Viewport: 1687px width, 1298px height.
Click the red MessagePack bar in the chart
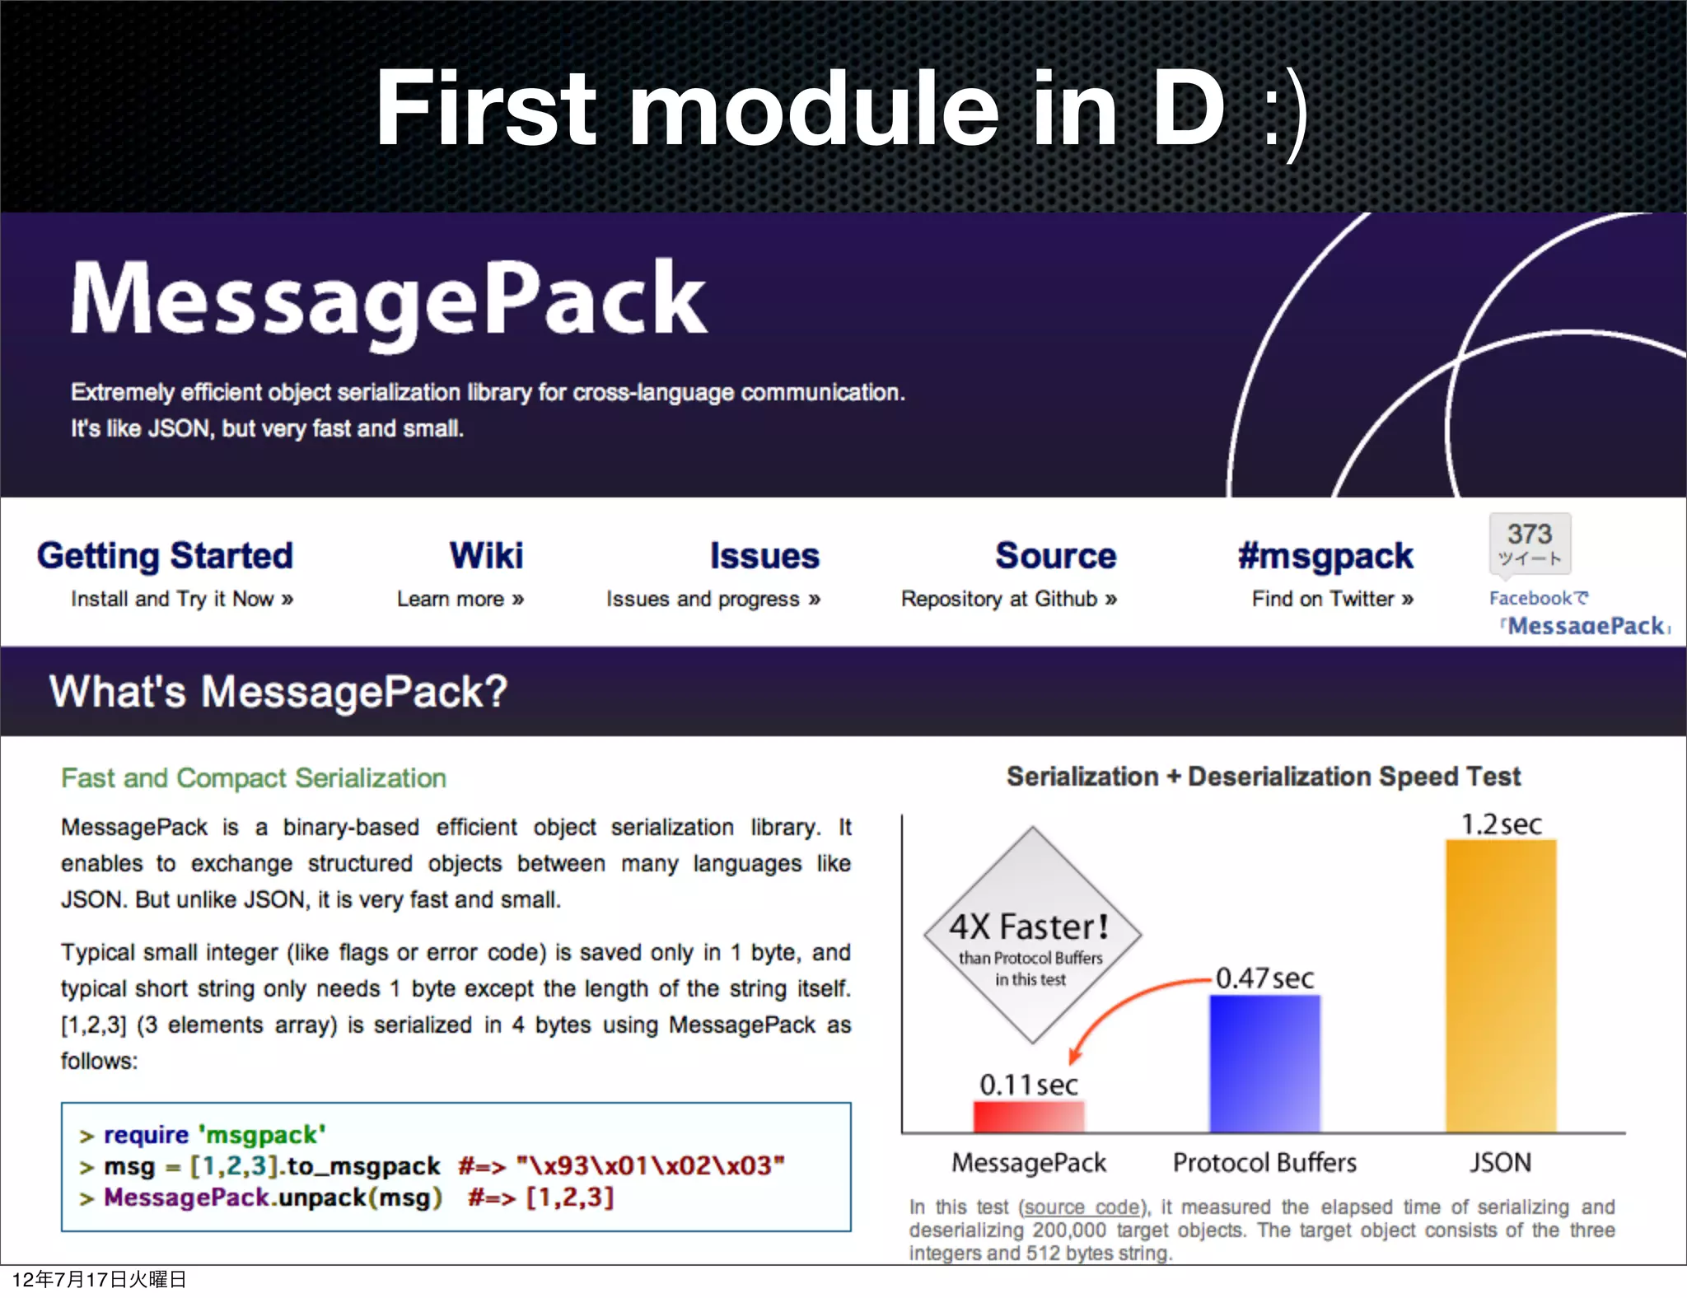(x=1028, y=1116)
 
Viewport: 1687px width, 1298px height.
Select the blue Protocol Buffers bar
(x=1264, y=1062)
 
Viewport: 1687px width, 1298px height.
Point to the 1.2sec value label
(x=1501, y=824)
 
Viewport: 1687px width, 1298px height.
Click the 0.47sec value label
(x=1264, y=978)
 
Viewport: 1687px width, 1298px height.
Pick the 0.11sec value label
(x=1028, y=1085)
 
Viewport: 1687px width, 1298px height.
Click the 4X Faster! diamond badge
(x=1031, y=935)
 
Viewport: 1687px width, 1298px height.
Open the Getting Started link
(x=165, y=556)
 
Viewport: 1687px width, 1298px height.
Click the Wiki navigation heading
(x=486, y=556)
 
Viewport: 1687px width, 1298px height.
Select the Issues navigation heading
(x=764, y=556)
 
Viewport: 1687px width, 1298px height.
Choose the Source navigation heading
(x=1055, y=556)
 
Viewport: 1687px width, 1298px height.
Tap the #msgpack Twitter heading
(x=1325, y=556)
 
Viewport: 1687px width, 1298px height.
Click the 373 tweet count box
(x=1530, y=543)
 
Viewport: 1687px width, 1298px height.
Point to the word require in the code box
(x=146, y=1135)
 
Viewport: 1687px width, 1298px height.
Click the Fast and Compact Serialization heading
(x=254, y=778)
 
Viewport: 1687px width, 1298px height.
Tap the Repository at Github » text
(x=1008, y=599)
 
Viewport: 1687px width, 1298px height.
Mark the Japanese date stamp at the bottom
(x=99, y=1279)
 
